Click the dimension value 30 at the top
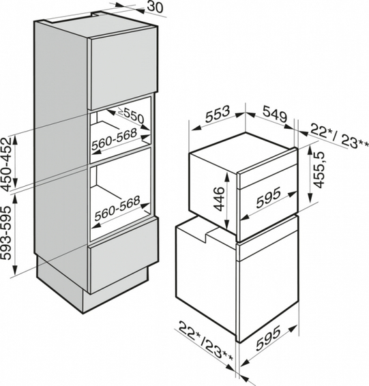pyautogui.click(x=155, y=7)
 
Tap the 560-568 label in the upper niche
pyautogui.click(x=114, y=140)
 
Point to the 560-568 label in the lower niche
pyautogui.click(x=117, y=208)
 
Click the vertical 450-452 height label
pyautogui.click(x=7, y=164)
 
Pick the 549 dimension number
pyautogui.click(x=275, y=113)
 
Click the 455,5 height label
pyautogui.click(x=320, y=170)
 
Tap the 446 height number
pyautogui.click(x=218, y=199)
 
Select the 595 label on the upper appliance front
pyautogui.click(x=268, y=197)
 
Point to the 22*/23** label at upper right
pyautogui.click(x=339, y=137)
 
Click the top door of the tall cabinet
pyautogui.click(x=123, y=68)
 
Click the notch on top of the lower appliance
pyautogui.click(x=206, y=235)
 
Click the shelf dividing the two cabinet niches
pyautogui.click(x=121, y=154)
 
